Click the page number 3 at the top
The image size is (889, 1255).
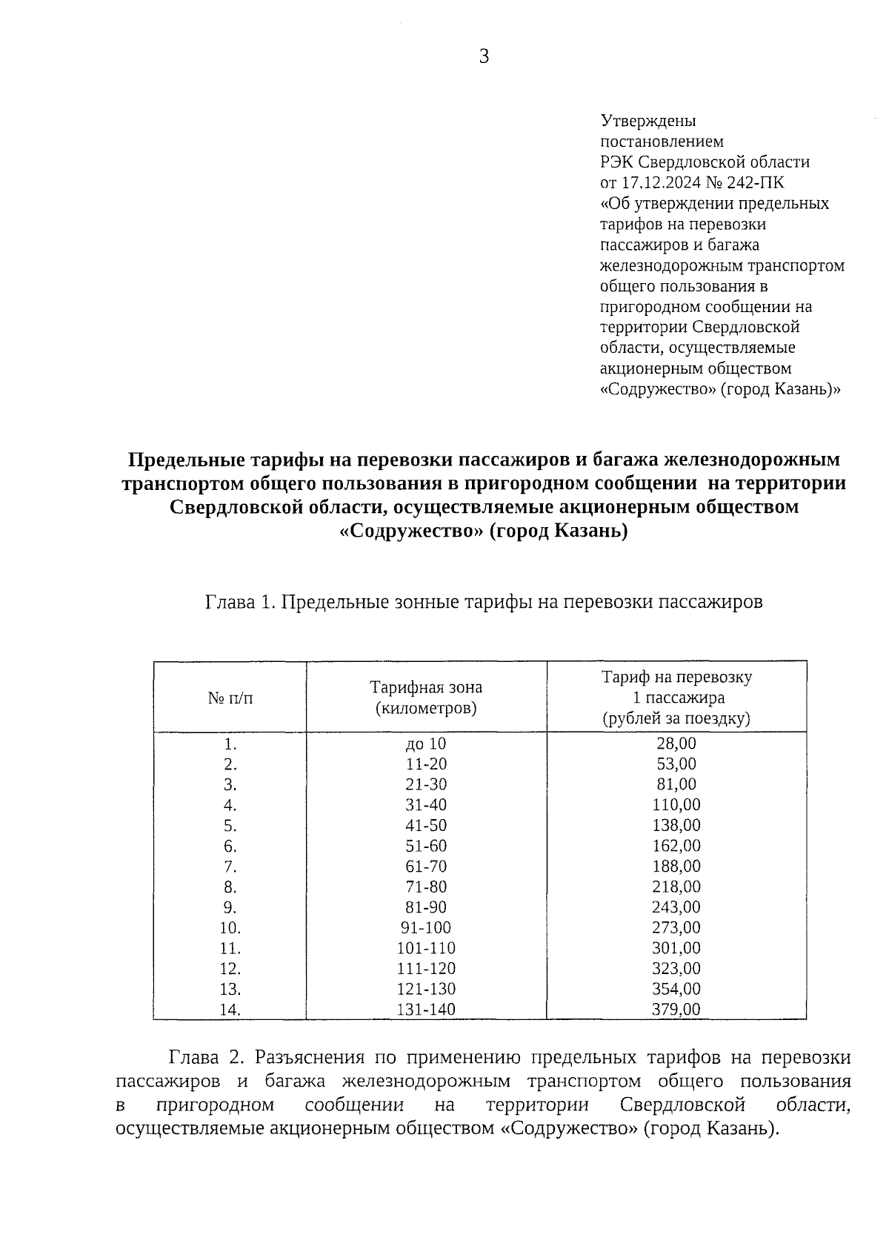pos(484,57)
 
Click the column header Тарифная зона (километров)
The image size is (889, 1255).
pos(425,698)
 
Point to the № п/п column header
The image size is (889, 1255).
pos(230,698)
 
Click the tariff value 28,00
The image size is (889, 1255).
pos(676,744)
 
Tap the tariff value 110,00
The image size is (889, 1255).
pos(676,805)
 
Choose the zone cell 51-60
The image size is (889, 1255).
pos(425,846)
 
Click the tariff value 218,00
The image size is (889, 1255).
pos(676,887)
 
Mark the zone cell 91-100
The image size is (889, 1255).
pos(425,927)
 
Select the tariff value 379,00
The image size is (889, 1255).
pos(676,1009)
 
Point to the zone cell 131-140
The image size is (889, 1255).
pos(425,1009)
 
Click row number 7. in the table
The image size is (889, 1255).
pos(230,867)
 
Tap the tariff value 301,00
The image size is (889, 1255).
pos(676,948)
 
